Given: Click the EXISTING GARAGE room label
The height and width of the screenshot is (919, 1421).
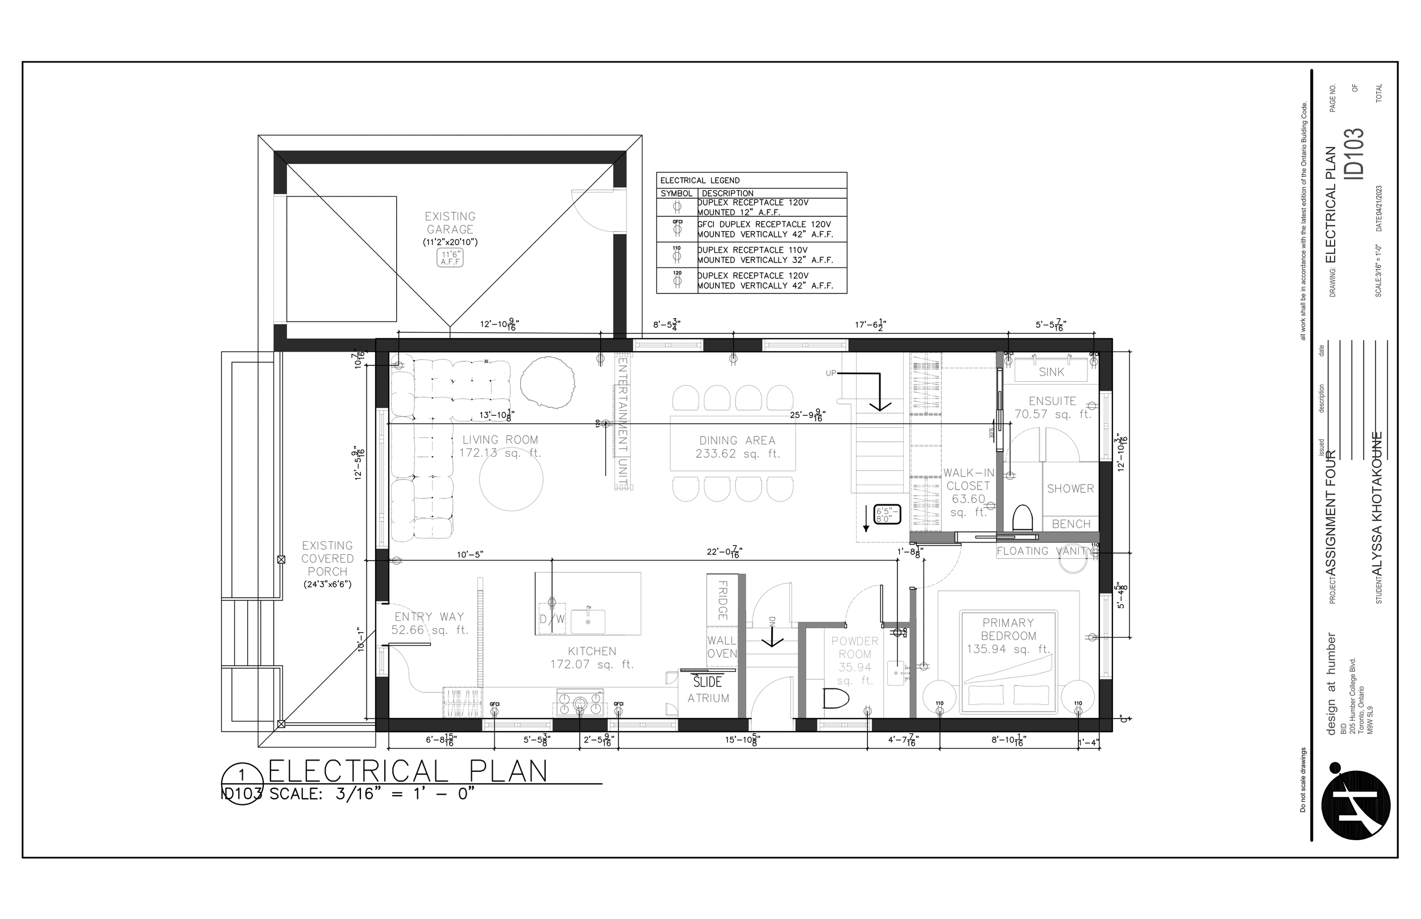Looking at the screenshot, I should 450,223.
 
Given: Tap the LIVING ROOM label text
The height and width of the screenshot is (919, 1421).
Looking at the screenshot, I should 500,440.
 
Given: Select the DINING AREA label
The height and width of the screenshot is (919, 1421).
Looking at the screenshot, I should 737,440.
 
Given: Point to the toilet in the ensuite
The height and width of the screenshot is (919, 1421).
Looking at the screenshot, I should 1023,517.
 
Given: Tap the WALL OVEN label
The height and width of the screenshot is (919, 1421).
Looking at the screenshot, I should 722,647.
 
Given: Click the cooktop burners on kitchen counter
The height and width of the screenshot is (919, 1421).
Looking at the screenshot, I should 580,703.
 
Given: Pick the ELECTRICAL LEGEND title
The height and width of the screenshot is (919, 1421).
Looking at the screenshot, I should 700,180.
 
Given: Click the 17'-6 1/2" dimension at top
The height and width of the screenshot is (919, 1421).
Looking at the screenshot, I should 870,325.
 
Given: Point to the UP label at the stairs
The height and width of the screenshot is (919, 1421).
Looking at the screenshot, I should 830,374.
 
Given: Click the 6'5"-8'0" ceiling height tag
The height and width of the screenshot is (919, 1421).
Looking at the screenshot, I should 887,515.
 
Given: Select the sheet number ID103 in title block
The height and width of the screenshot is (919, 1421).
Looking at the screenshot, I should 1353,153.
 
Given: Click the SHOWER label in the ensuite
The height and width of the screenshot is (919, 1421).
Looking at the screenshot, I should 1070,488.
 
